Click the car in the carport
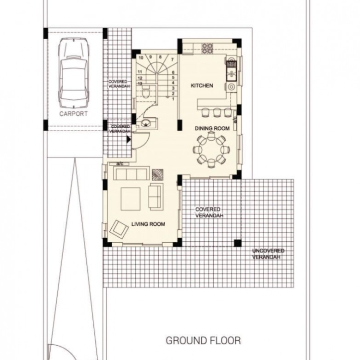pos(74,73)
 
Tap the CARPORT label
pos(73,114)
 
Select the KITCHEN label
pos(202,86)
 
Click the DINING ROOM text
pos(212,128)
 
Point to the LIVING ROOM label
pos(148,224)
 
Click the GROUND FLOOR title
pos(203,341)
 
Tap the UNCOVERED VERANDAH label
pos(268,254)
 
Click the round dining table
pos(211,150)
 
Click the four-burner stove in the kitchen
pos(207,48)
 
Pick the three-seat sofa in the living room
pos(131,174)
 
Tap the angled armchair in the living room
pos(119,228)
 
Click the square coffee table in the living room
pos(131,199)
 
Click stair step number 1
pos(173,99)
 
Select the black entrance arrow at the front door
pos(129,139)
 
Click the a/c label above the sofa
pos(120,164)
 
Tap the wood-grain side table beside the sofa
pos(158,175)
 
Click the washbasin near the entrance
pos(145,123)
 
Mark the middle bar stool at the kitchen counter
pos(217,113)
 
